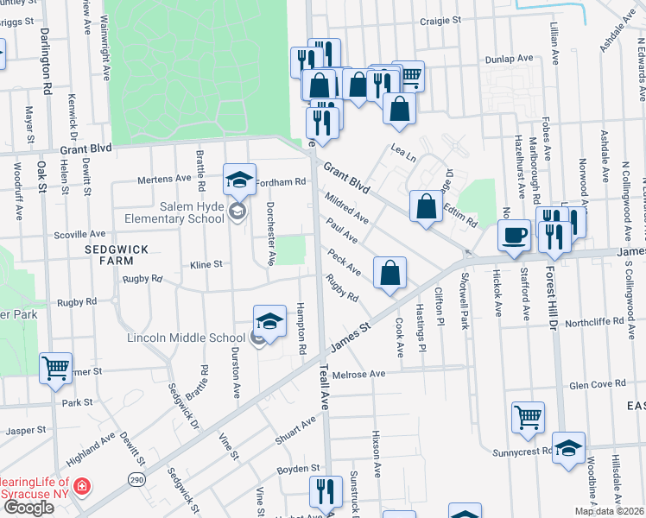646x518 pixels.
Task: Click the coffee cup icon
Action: click(515, 235)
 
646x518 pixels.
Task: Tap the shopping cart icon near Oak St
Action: click(55, 368)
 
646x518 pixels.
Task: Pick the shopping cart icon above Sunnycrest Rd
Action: click(527, 417)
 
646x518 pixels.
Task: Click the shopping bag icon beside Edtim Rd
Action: click(426, 206)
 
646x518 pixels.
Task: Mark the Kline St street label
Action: click(206, 264)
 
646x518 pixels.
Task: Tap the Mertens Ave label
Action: click(165, 180)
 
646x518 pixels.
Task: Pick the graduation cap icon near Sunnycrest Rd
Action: click(568, 448)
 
